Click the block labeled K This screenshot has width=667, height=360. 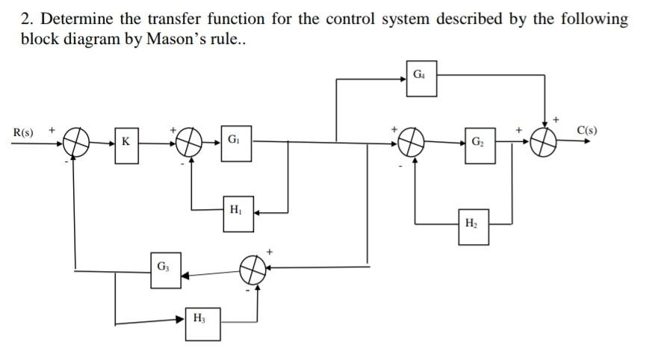click(x=126, y=141)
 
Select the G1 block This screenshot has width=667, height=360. click(x=235, y=141)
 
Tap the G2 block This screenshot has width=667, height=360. click(x=478, y=142)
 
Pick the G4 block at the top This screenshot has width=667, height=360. click(x=421, y=76)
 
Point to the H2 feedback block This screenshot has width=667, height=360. click(x=473, y=226)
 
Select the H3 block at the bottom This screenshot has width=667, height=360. click(x=202, y=322)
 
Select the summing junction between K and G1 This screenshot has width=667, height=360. click(x=191, y=140)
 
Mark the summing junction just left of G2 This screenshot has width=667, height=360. click(x=412, y=140)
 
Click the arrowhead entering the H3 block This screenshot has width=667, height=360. click(x=180, y=319)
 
